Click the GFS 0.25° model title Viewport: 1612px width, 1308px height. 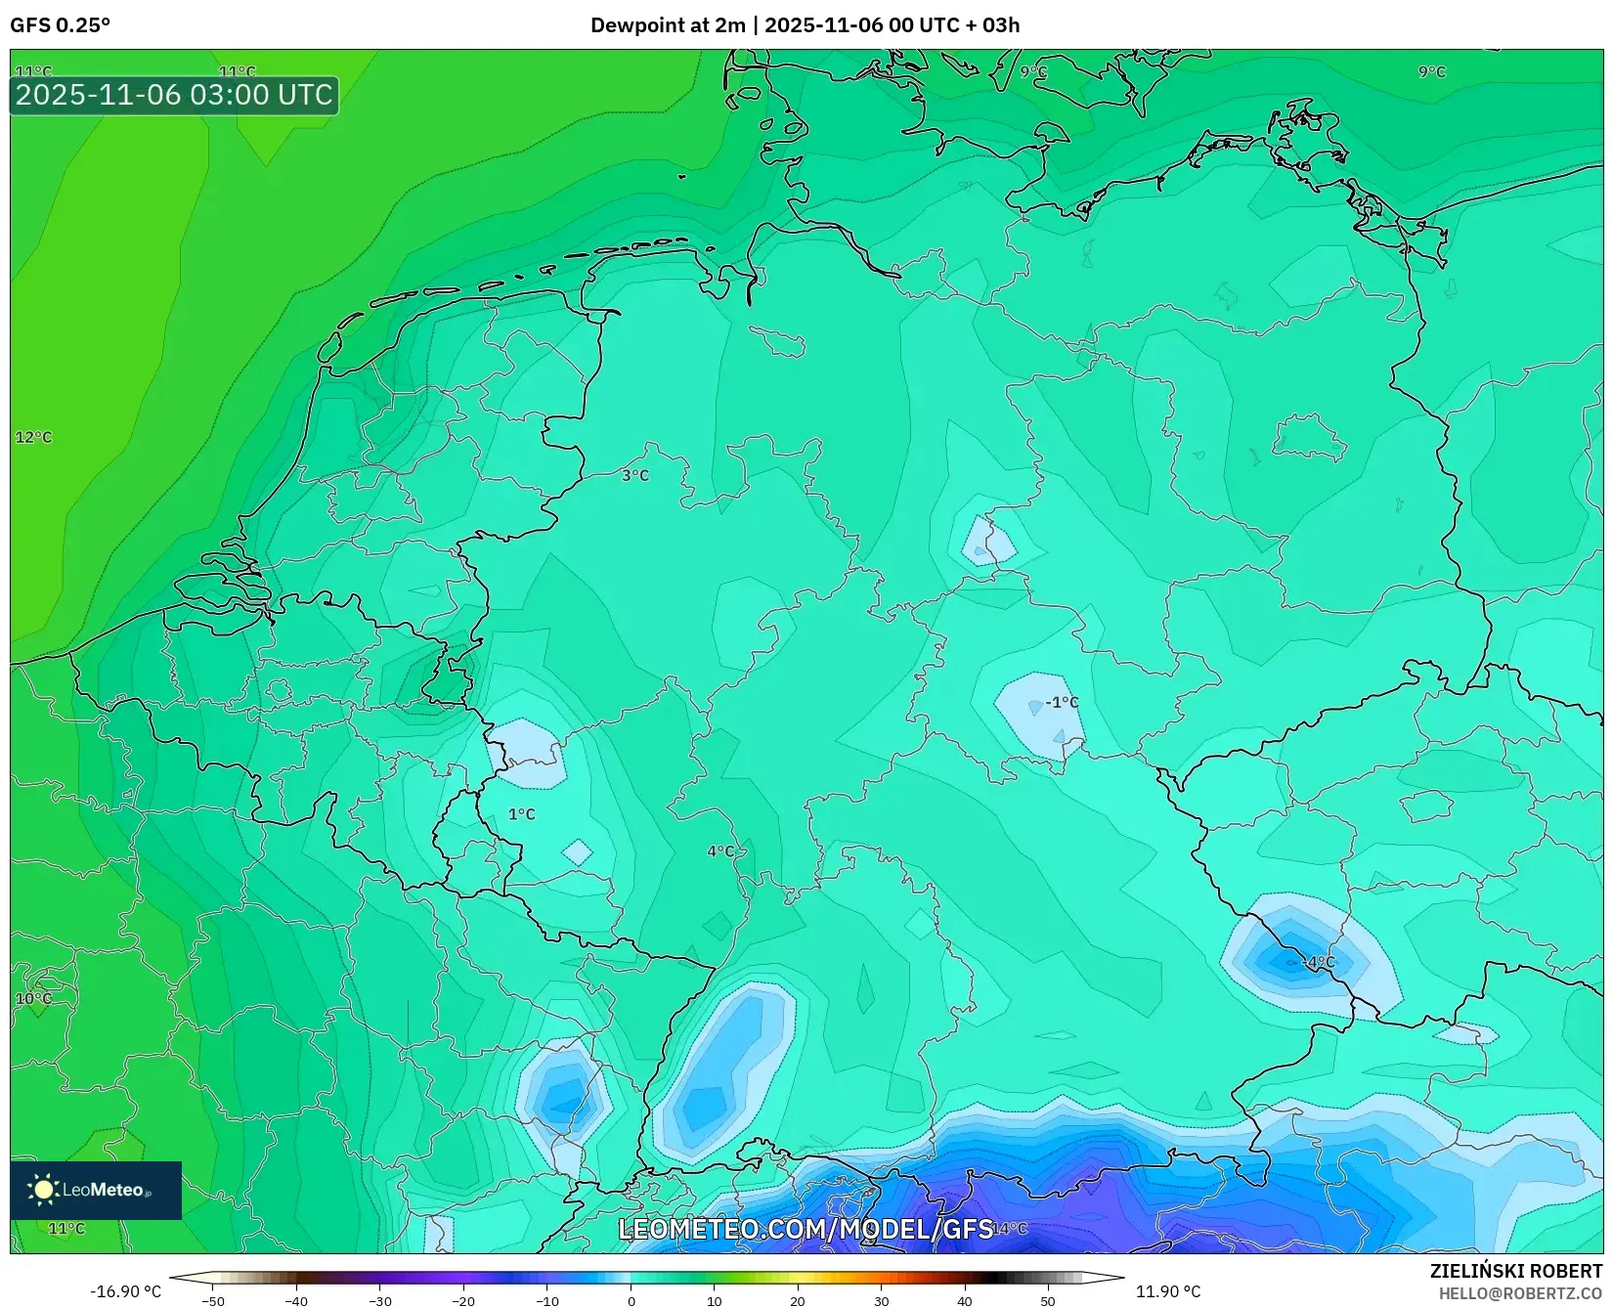click(60, 25)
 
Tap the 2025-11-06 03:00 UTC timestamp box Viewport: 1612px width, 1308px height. click(174, 96)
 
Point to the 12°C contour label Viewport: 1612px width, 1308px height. click(33, 437)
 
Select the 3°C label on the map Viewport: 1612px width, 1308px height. click(635, 475)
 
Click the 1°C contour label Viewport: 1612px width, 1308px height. click(521, 814)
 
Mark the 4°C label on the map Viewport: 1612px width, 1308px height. click(720, 851)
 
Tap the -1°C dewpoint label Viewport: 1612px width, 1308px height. click(1062, 702)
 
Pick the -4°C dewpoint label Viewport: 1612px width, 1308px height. click(1320, 962)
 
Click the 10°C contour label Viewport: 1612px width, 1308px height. click(33, 998)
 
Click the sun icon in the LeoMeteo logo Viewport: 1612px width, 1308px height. click(43, 1189)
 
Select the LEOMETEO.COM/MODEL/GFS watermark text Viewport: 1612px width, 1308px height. click(806, 1229)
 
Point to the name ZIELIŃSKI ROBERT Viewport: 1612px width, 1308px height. click(1516, 1272)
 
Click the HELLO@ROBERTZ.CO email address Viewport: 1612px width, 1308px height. click(1520, 1293)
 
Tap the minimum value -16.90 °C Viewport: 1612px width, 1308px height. click(125, 1291)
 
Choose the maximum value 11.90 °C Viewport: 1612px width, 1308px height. click(1167, 1291)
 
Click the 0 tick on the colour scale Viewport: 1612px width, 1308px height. click(632, 1301)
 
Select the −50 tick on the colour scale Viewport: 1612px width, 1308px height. click(212, 1301)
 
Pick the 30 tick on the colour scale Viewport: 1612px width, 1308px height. click(882, 1301)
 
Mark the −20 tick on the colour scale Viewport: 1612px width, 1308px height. click(463, 1301)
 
